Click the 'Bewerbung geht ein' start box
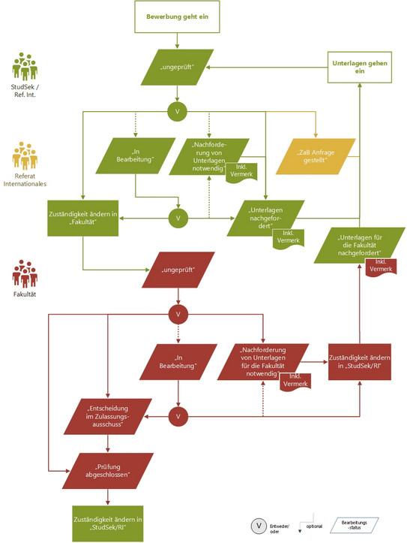click(177, 17)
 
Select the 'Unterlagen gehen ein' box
click(359, 67)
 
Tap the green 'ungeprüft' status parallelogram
click(177, 67)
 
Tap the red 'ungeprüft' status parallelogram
click(178, 270)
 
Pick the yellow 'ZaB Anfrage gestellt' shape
click(316, 156)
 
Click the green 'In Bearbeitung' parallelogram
click(136, 155)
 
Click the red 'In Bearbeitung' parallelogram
click(178, 362)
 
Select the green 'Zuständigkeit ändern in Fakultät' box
click(83, 218)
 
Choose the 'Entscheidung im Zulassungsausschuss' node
click(108, 417)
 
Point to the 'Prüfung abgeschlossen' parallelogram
click(108, 471)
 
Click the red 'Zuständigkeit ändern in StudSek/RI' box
click(359, 362)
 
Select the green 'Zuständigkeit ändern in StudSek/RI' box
click(108, 523)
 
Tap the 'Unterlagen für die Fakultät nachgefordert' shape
click(359, 245)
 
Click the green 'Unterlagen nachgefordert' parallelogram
click(265, 218)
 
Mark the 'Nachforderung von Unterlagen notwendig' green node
click(209, 156)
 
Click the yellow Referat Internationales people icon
click(25, 155)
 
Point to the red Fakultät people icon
click(25, 273)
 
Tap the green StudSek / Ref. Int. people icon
click(25, 67)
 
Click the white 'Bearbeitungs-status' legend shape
click(355, 525)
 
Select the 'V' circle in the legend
click(259, 526)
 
